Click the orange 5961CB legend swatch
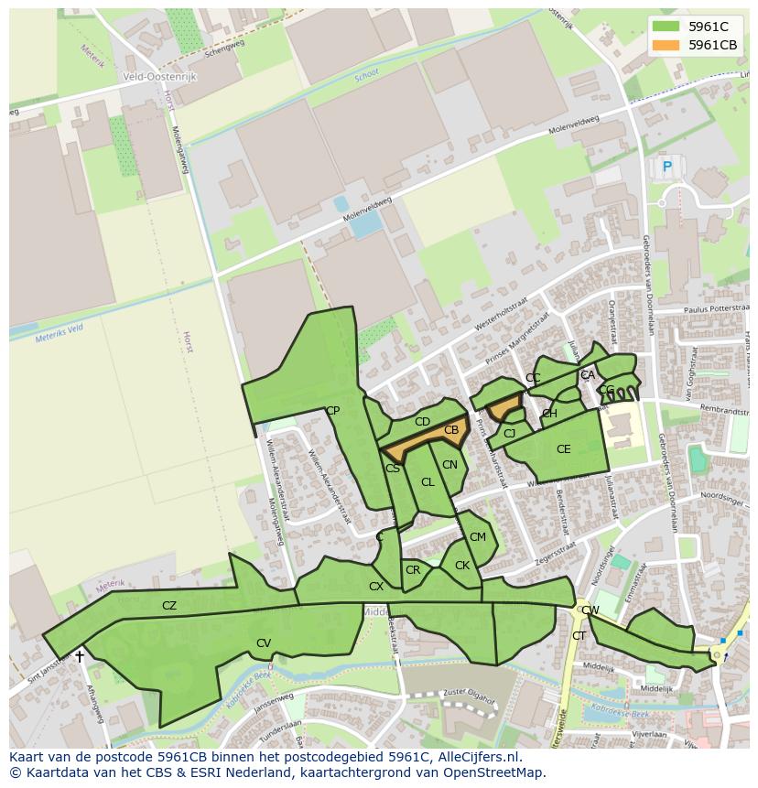point(666,45)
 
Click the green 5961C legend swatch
point(666,27)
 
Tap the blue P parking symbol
point(667,167)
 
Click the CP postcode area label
point(332,411)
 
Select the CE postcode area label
point(563,449)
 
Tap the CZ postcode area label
point(169,605)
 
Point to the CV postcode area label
point(264,643)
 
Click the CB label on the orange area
point(451,430)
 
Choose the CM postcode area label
point(478,537)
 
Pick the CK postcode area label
point(462,566)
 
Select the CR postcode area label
point(413,570)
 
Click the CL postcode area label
point(428,482)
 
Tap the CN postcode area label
point(449,465)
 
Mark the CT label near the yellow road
point(579,636)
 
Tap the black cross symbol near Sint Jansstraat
point(80,656)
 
